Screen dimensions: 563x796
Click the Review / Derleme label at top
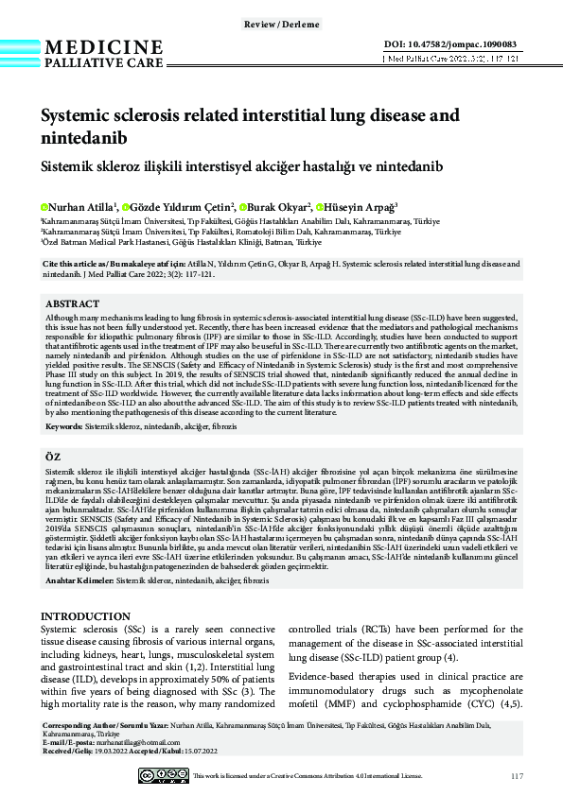click(x=281, y=23)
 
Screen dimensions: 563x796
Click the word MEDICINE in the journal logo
click(x=104, y=48)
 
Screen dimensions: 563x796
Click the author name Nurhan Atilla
click(x=81, y=207)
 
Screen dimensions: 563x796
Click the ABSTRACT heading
click(x=73, y=303)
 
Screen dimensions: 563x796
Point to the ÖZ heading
click(x=54, y=456)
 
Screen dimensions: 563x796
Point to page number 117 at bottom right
click(x=516, y=776)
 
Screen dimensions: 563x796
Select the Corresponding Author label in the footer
click(x=79, y=725)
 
